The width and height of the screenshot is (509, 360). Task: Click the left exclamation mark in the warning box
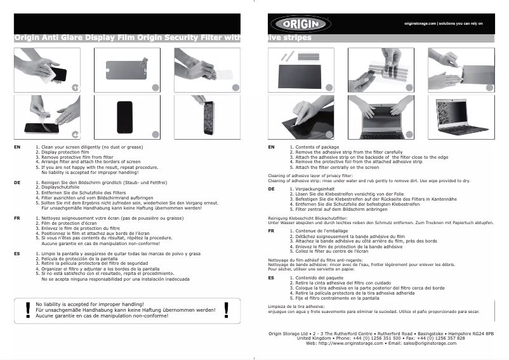(27, 309)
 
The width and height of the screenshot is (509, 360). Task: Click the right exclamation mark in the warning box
(227, 309)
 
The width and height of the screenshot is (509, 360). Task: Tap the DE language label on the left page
(17, 182)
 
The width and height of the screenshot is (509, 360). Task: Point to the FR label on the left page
(17, 218)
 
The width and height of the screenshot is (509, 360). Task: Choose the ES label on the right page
(271, 277)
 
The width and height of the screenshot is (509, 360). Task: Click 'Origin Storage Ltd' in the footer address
(289, 333)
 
